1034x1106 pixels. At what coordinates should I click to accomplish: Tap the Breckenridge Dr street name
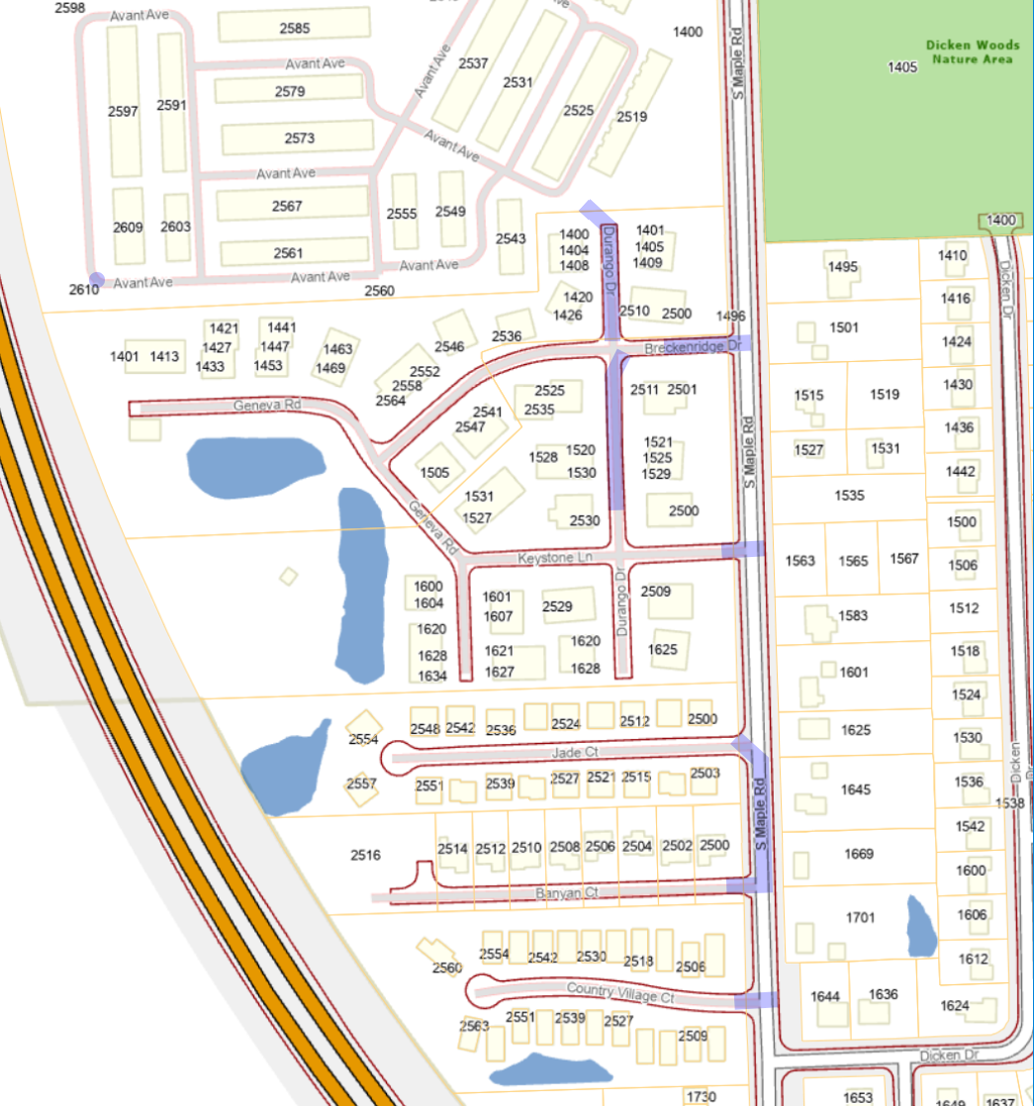click(x=692, y=348)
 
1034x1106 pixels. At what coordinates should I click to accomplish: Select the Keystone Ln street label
click(x=554, y=559)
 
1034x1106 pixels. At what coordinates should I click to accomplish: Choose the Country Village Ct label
click(x=619, y=993)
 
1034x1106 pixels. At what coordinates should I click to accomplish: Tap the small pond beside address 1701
click(x=920, y=926)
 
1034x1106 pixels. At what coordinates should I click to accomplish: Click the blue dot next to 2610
click(x=96, y=280)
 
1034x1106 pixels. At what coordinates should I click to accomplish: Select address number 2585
click(x=295, y=29)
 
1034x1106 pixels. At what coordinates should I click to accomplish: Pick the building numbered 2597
click(x=124, y=112)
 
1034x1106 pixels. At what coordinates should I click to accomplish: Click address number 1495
click(x=843, y=267)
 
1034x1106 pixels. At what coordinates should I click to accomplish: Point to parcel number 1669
click(x=859, y=854)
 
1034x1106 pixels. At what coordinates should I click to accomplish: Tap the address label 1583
click(x=852, y=615)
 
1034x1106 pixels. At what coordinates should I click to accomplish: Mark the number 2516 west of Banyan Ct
click(x=365, y=854)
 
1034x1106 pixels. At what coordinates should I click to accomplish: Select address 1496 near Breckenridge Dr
click(x=730, y=316)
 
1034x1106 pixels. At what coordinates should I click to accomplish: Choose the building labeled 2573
click(x=299, y=138)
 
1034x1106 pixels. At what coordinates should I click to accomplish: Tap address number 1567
click(x=903, y=559)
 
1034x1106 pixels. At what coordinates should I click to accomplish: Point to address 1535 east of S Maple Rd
click(x=849, y=495)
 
